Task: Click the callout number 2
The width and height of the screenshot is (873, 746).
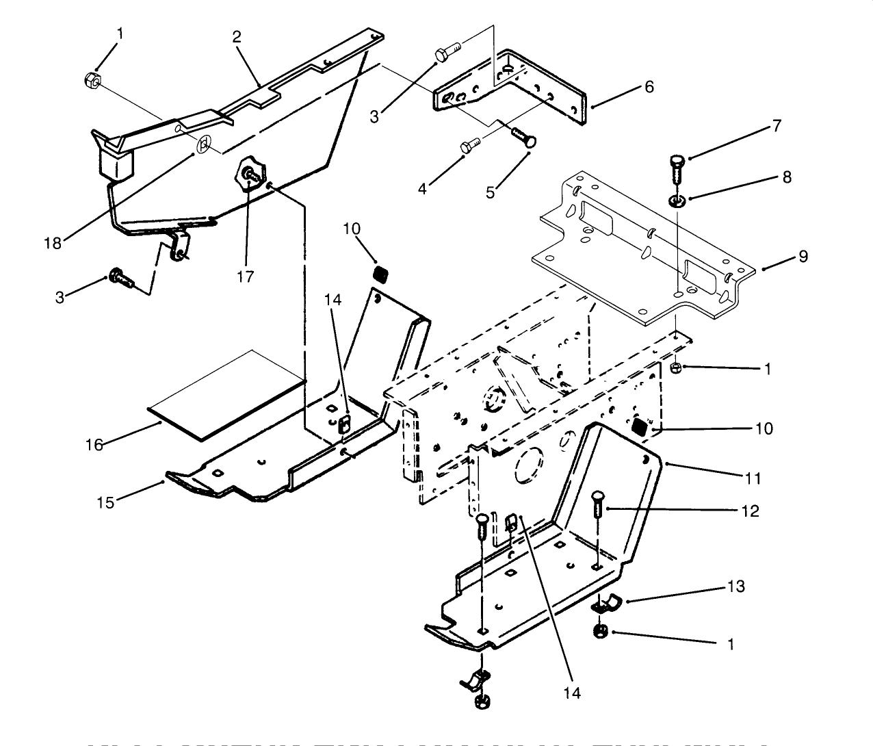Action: pos(237,36)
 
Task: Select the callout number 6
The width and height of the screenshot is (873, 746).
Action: pos(649,86)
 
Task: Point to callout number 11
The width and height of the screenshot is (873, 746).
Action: pos(753,478)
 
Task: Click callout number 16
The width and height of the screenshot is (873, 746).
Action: pos(94,445)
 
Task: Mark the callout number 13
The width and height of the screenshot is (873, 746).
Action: pos(736,587)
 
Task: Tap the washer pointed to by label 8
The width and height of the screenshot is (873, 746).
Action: pos(677,201)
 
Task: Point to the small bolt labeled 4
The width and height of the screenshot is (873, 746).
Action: pos(469,145)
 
